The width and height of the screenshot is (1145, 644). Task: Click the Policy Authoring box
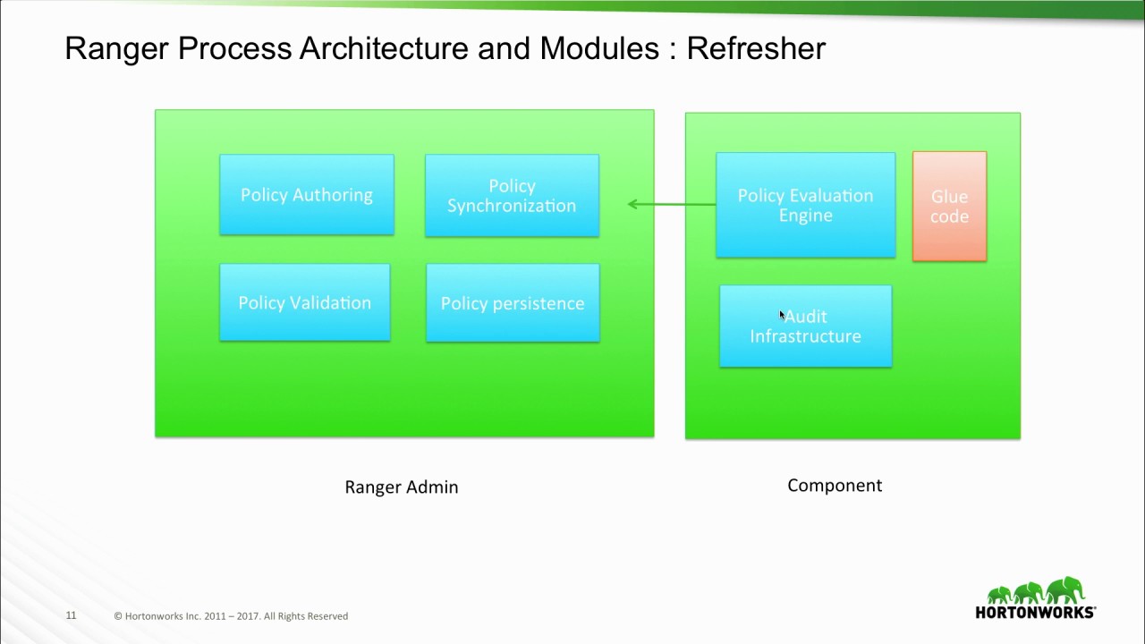click(x=307, y=195)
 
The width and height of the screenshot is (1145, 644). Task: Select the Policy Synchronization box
click(x=512, y=196)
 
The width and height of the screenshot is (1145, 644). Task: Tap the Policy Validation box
click(x=305, y=302)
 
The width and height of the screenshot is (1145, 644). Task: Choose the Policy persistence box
click(x=513, y=303)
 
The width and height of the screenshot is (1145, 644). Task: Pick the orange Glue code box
click(x=949, y=207)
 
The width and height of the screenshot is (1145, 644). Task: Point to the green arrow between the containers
click(x=672, y=204)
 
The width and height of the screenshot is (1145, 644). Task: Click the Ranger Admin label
click(x=402, y=487)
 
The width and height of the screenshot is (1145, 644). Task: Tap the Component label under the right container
click(x=835, y=486)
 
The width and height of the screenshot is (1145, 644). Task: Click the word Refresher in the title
click(x=756, y=48)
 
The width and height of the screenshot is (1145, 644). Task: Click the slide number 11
click(x=71, y=615)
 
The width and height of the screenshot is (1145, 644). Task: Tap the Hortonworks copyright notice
click(x=231, y=616)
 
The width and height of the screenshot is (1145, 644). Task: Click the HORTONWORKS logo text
click(x=1035, y=613)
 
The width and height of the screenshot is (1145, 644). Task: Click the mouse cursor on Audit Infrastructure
click(x=782, y=316)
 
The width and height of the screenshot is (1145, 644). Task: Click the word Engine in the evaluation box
click(x=805, y=216)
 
